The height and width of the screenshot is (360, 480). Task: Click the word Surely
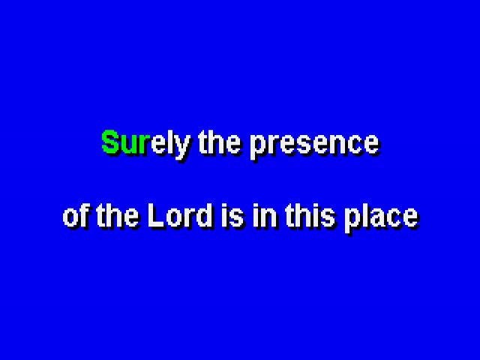[145, 145]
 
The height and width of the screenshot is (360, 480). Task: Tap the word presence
[315, 146]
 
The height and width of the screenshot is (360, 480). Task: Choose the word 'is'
[232, 215]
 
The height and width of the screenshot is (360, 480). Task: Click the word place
[382, 218]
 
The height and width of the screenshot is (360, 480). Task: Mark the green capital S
[110, 142]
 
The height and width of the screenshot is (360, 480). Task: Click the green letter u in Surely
[129, 145]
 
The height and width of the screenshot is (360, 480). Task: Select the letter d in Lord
[204, 216]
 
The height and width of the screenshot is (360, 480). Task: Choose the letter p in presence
[258, 148]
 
